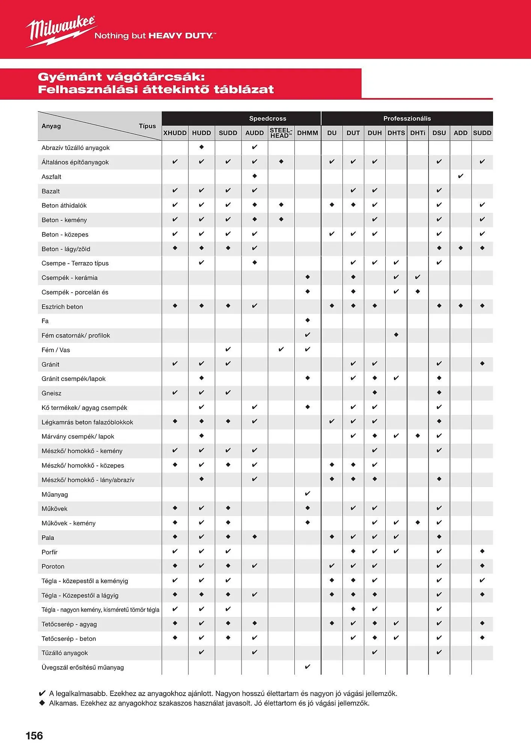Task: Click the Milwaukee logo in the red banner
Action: [x=60, y=31]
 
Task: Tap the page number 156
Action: [x=34, y=735]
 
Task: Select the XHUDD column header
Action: [x=175, y=133]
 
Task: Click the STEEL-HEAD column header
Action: [x=281, y=133]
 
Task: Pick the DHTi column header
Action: [x=418, y=133]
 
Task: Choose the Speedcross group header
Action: [x=267, y=118]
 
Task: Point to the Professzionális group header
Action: [x=407, y=118]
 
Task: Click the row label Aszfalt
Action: [x=51, y=177]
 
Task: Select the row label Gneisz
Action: [x=51, y=393]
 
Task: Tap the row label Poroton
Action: [x=53, y=566]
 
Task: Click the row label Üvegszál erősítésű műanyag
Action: [x=83, y=667]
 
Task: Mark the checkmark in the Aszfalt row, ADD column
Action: [x=461, y=176]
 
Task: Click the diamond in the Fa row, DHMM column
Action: [x=308, y=320]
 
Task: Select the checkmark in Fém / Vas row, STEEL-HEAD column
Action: [x=281, y=349]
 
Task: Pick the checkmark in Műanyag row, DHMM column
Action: [x=308, y=494]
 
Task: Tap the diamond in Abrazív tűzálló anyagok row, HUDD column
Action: [x=202, y=147]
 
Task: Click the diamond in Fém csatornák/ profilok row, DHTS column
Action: [x=396, y=335]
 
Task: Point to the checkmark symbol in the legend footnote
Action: [x=42, y=693]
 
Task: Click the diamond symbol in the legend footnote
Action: [x=42, y=703]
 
